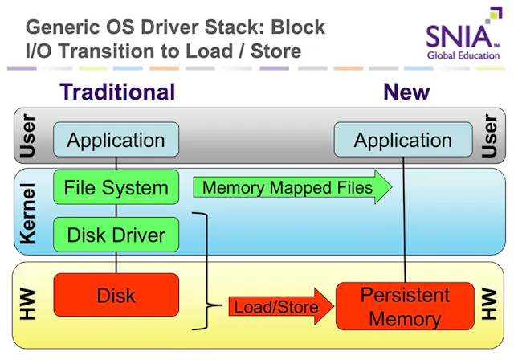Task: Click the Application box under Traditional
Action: (x=116, y=141)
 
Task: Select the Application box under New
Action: (x=402, y=141)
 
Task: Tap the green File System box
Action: (x=116, y=188)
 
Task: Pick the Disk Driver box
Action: (x=116, y=235)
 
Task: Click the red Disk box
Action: (x=116, y=295)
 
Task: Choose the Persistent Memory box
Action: (x=404, y=306)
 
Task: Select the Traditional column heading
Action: (x=117, y=92)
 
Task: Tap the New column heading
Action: (x=406, y=92)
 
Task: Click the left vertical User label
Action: (x=28, y=137)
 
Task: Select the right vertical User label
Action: (x=490, y=137)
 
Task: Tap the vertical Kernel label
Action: (x=28, y=214)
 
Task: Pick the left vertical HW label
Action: (x=28, y=305)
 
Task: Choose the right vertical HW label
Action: (x=490, y=305)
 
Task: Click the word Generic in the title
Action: (x=59, y=27)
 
